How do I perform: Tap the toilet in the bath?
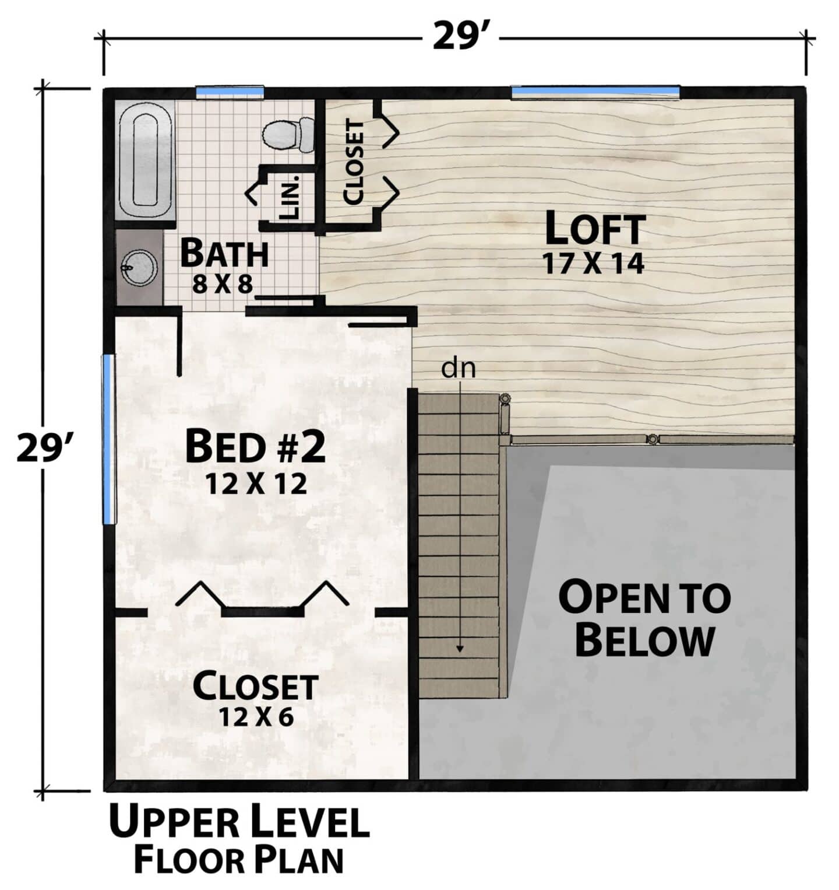[x=287, y=134]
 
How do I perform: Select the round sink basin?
[x=139, y=267]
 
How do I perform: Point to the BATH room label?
[x=224, y=253]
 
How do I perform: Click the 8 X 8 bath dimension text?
[x=223, y=284]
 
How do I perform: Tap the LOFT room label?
[x=595, y=228]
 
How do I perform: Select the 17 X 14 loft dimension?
[x=594, y=263]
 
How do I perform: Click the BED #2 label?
[x=255, y=446]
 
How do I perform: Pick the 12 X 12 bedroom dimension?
[x=255, y=483]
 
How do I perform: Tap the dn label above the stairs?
[x=459, y=368]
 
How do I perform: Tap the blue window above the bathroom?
[x=230, y=92]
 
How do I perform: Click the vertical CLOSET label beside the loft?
[x=354, y=162]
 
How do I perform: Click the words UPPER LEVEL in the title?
[x=239, y=822]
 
